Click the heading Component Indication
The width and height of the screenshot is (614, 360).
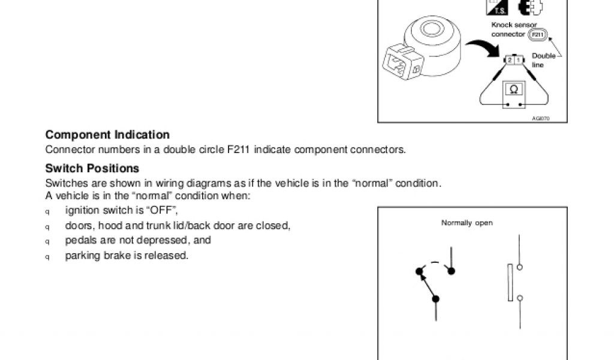coord(107,136)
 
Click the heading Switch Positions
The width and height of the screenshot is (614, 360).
coord(92,169)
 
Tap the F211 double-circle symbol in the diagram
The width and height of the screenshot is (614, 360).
coord(537,34)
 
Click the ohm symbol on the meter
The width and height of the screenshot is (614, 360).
coord(513,89)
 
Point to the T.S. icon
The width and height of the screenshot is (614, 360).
coord(500,9)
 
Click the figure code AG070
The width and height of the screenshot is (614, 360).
coord(540,118)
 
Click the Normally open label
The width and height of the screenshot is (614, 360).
coord(467,223)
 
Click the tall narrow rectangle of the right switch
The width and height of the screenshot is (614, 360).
coord(510,283)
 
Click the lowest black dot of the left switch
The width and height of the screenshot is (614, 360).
coord(436,298)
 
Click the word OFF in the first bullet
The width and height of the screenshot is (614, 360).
coord(164,211)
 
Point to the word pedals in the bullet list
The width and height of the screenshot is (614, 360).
coord(79,241)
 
